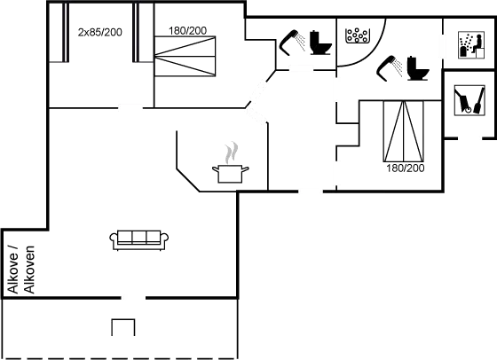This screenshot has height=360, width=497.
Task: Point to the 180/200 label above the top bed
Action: pos(187,31)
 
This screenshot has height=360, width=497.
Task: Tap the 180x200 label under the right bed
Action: pos(405,167)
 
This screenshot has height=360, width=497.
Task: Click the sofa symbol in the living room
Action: pos(139,239)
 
